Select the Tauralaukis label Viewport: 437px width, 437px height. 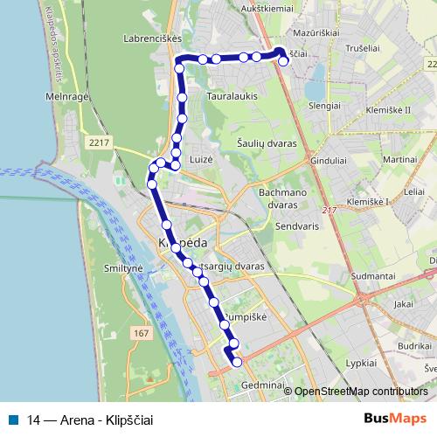click(x=232, y=97)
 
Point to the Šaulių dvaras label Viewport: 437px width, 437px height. click(x=267, y=142)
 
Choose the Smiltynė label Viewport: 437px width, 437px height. click(x=122, y=268)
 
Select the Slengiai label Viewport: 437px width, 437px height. click(x=324, y=105)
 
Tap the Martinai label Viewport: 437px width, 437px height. click(x=399, y=159)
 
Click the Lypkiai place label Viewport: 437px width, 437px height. click(x=366, y=362)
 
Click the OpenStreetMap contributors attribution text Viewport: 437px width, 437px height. click(x=360, y=392)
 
